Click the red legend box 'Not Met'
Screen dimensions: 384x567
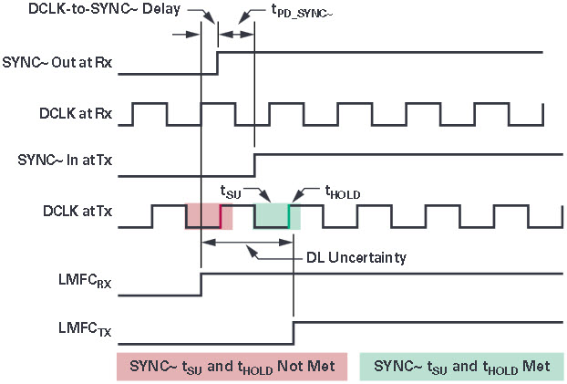coord(232,367)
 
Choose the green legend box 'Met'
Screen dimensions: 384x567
coord(461,367)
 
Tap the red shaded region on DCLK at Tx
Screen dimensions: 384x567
coord(209,216)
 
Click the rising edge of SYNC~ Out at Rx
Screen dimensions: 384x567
coord(217,63)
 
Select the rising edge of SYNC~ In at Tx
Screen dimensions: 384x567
coord(254,163)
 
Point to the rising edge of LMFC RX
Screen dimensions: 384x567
coord(201,284)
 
